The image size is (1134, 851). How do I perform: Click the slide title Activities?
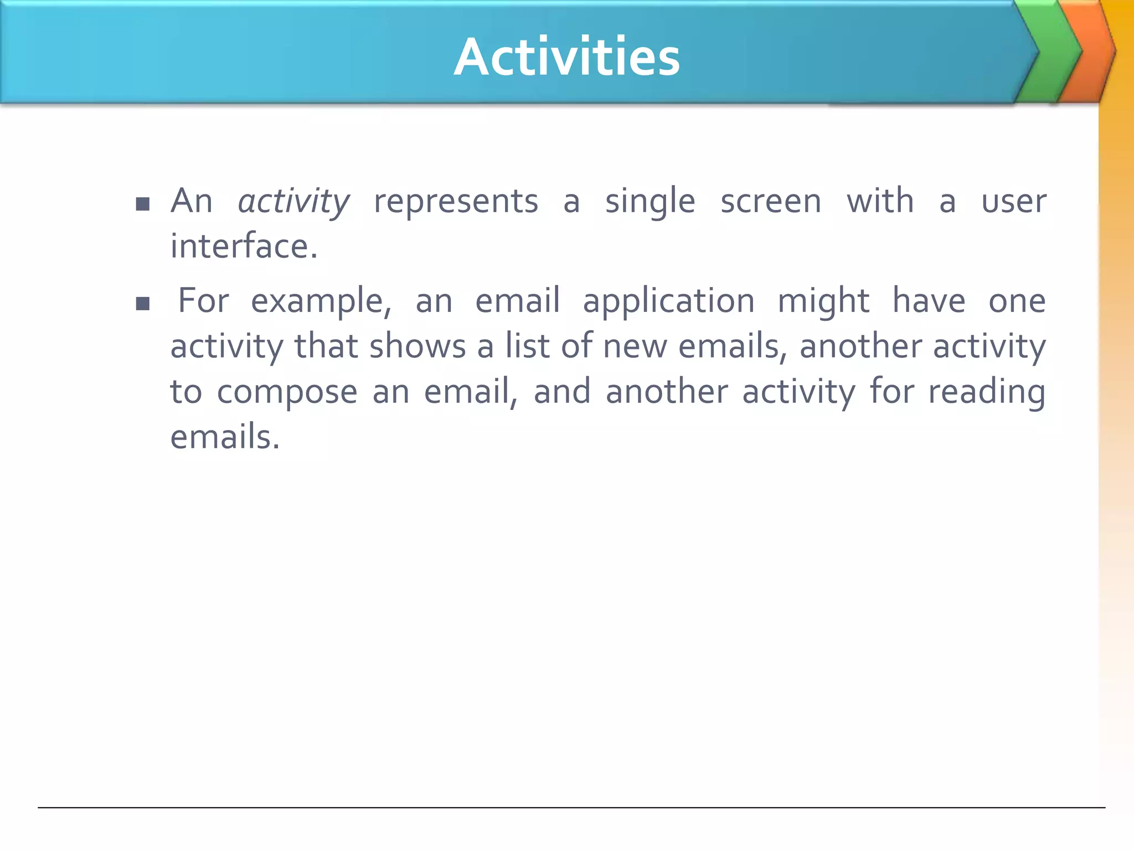(x=566, y=57)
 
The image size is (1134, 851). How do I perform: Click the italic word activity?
(x=293, y=202)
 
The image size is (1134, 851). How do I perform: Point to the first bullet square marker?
(x=143, y=204)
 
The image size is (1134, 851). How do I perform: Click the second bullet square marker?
(x=143, y=304)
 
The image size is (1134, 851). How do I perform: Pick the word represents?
(x=456, y=202)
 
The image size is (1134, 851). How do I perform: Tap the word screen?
(x=771, y=202)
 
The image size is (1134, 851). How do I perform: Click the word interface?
(x=244, y=247)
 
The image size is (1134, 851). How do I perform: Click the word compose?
(x=287, y=392)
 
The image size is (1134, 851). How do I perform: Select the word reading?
(x=987, y=392)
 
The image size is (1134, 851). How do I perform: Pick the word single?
(x=650, y=202)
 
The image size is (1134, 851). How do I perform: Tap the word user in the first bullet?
(x=1013, y=202)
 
